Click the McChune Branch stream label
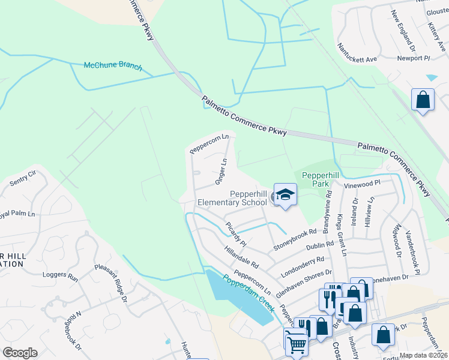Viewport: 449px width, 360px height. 113,66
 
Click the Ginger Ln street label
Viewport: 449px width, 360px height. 220,171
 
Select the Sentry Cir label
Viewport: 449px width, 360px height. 24,176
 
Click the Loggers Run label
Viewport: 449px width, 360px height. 60,277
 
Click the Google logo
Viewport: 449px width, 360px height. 20,352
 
